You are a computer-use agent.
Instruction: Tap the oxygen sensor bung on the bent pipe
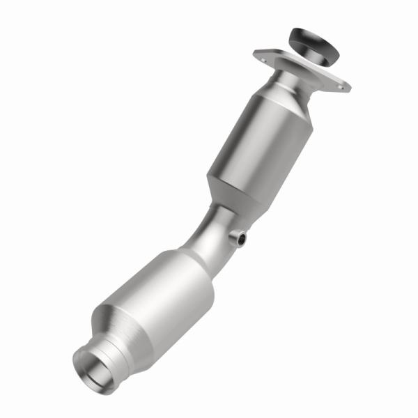click(x=238, y=239)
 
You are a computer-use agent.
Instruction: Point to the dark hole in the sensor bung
click(x=242, y=240)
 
